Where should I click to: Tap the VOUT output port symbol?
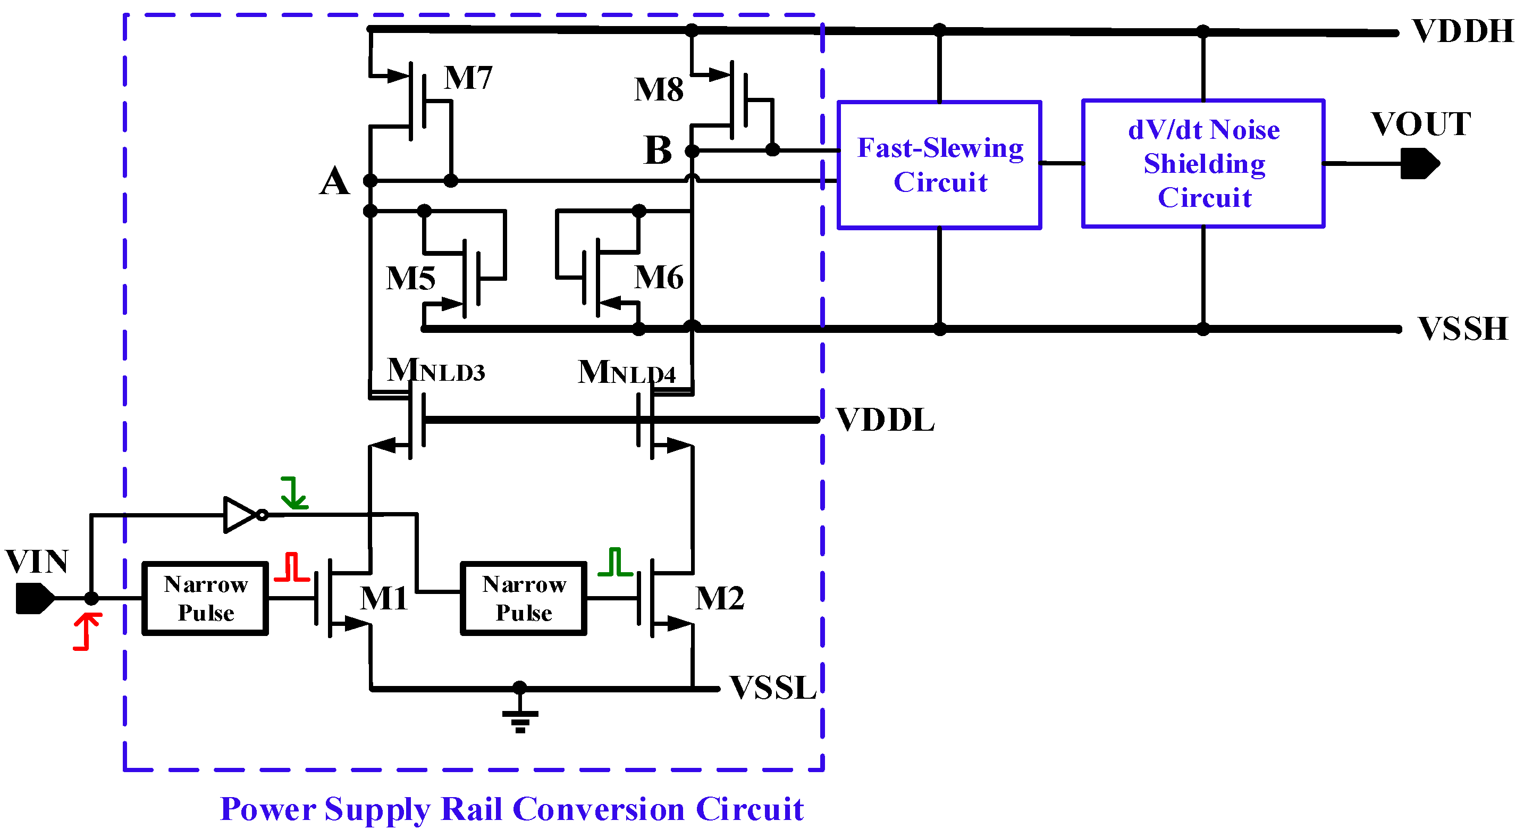[1419, 164]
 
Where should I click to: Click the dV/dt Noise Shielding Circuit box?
[1203, 163]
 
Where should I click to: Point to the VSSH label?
[1462, 329]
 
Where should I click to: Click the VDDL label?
[885, 421]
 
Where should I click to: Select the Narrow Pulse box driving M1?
[205, 598]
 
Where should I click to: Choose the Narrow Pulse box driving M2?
[524, 598]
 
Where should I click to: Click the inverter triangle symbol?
[240, 514]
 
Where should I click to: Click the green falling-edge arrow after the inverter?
[293, 493]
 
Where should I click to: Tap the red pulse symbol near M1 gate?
[292, 567]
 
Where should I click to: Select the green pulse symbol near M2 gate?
[615, 562]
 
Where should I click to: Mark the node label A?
[334, 181]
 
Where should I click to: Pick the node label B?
[658, 150]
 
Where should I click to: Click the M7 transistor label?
[468, 78]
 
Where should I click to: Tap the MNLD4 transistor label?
[626, 373]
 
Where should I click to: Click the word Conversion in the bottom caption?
[598, 809]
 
